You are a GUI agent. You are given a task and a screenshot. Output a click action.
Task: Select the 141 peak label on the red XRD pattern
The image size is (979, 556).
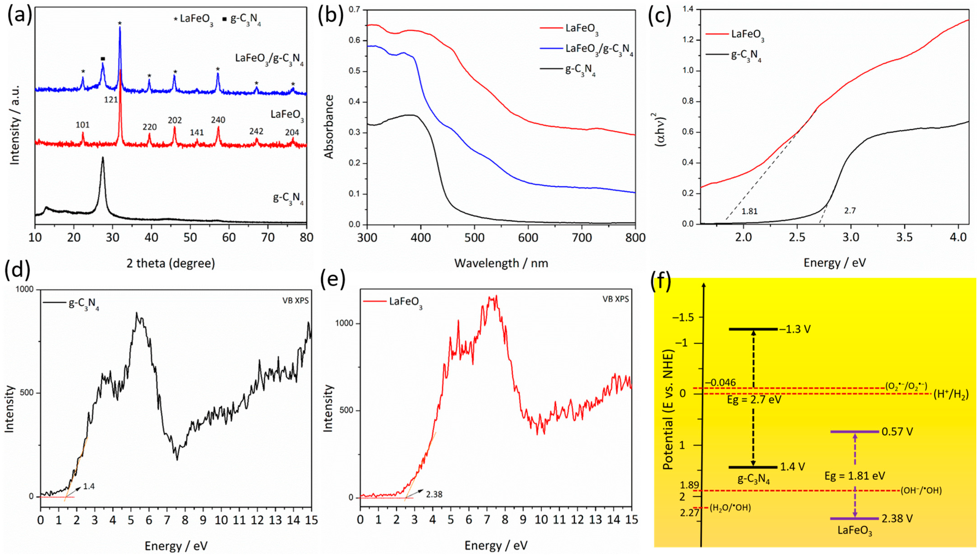pos(197,133)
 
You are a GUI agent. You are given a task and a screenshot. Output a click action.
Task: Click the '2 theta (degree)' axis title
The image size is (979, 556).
pos(171,263)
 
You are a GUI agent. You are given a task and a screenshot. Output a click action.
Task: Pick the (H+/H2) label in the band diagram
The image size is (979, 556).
pos(951,396)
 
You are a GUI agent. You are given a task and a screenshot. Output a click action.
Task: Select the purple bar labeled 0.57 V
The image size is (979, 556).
pos(855,432)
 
